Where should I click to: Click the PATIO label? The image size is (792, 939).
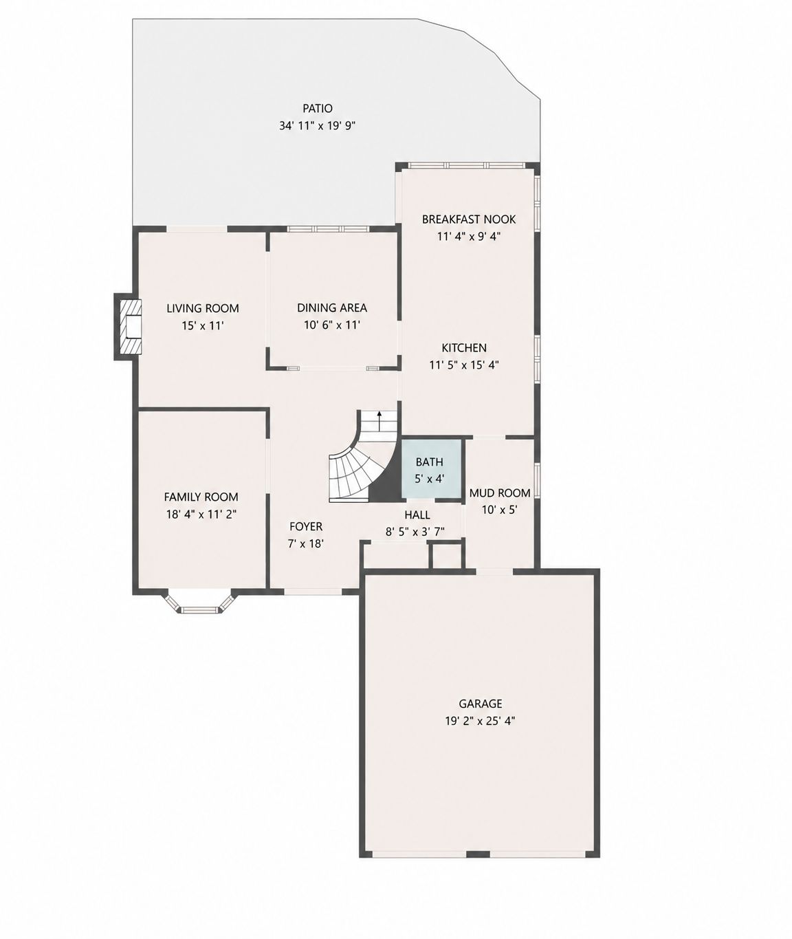318,109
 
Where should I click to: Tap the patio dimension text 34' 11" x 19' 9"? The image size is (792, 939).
318,125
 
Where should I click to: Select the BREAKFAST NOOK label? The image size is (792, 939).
469,219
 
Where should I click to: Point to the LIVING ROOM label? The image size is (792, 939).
203,308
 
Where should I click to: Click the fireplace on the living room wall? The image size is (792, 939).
128,326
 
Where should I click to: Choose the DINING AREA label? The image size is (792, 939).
332,308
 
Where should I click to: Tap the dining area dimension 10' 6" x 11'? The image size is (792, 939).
332,325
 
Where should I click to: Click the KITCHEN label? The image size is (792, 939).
464,347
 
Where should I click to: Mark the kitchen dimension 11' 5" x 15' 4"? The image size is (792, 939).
464,365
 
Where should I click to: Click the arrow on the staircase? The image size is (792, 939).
379,420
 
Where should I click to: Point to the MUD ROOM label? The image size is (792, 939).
500,493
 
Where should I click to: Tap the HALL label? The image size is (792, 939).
417,515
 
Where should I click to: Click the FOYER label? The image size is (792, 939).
306,527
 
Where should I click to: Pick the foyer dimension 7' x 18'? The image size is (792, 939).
306,543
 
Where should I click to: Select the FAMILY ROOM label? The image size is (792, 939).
201,497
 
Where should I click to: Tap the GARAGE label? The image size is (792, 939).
481,703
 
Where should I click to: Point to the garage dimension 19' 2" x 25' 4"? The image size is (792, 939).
480,721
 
